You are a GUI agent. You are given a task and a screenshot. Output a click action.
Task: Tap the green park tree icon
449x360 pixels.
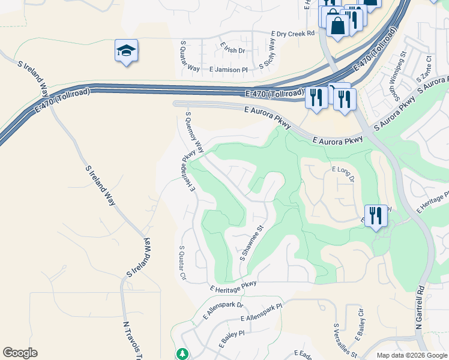click(x=182, y=354)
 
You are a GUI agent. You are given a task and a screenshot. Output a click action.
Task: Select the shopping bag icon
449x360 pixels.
click(x=337, y=25)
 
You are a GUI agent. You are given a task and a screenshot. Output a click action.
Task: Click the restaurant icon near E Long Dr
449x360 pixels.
click(x=376, y=215)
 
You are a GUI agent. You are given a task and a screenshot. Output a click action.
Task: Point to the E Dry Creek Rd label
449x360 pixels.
click(x=293, y=34)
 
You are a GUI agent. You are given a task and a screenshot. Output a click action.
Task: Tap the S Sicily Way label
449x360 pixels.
click(x=268, y=53)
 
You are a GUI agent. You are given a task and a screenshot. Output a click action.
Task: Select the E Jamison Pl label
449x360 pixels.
click(x=229, y=70)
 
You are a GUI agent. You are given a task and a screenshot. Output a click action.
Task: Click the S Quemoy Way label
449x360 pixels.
click(x=195, y=131)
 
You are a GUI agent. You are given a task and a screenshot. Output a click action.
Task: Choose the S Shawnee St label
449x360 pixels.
click(x=252, y=243)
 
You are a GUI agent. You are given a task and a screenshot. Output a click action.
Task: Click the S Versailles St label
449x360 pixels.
click(x=345, y=341)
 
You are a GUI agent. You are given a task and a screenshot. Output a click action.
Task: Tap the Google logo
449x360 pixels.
click(x=20, y=353)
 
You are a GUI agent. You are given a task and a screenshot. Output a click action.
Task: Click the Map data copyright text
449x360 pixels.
click(x=412, y=355)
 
